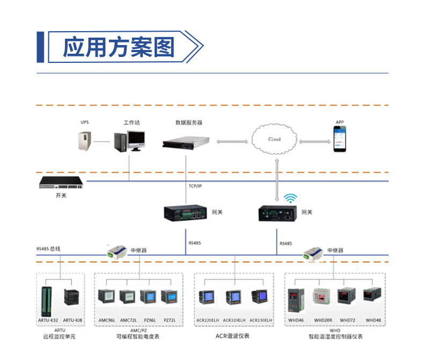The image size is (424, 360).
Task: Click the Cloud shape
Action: [274, 139]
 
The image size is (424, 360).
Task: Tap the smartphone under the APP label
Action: [340, 140]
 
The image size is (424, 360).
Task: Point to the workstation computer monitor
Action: [137, 139]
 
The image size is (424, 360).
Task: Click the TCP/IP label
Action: [195, 186]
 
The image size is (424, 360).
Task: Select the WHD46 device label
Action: [296, 320]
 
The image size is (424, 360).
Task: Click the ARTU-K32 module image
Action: [47, 301]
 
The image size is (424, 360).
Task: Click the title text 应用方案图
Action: [119, 47]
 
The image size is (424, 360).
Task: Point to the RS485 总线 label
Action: [48, 249]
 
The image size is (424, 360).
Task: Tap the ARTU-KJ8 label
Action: [72, 320]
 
